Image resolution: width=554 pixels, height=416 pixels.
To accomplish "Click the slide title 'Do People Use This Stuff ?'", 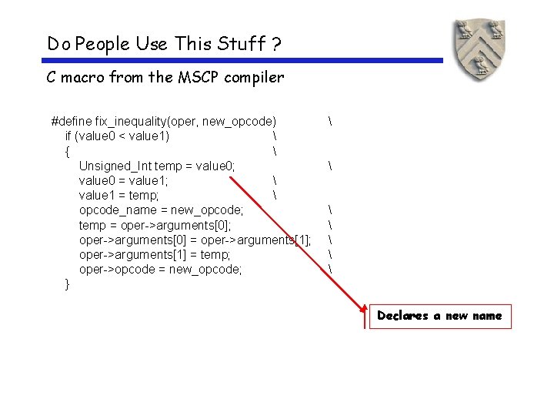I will (x=163, y=44).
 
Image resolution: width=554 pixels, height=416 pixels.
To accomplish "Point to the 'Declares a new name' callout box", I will (x=439, y=316).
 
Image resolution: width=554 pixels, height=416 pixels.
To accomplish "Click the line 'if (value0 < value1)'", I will (x=118, y=136).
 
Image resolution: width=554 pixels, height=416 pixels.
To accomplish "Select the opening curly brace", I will (x=68, y=151).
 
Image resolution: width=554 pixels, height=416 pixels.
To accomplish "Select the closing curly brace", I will (x=68, y=283).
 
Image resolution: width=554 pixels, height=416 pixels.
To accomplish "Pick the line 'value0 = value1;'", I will (x=124, y=180).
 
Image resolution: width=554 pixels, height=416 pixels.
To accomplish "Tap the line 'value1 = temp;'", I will (x=119, y=195).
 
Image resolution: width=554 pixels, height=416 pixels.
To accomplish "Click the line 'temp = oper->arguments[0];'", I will (x=160, y=224).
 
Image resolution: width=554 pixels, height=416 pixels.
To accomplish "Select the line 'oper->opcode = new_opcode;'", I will (x=160, y=268).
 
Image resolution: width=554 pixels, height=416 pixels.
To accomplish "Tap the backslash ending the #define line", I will (x=330, y=121).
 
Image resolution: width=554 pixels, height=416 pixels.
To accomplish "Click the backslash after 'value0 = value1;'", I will (x=274, y=180).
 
